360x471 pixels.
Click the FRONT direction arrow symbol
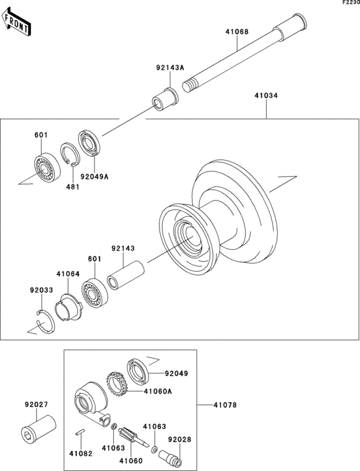18,23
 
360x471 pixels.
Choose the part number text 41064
67,274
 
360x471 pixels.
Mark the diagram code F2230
350,3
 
